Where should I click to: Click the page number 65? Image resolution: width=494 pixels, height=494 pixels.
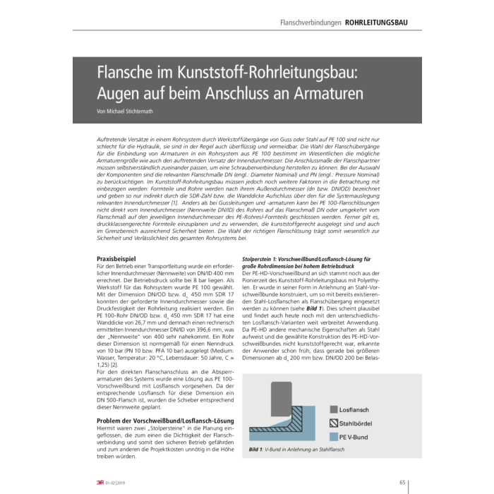402,483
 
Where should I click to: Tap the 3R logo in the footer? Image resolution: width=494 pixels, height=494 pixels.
101,483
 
